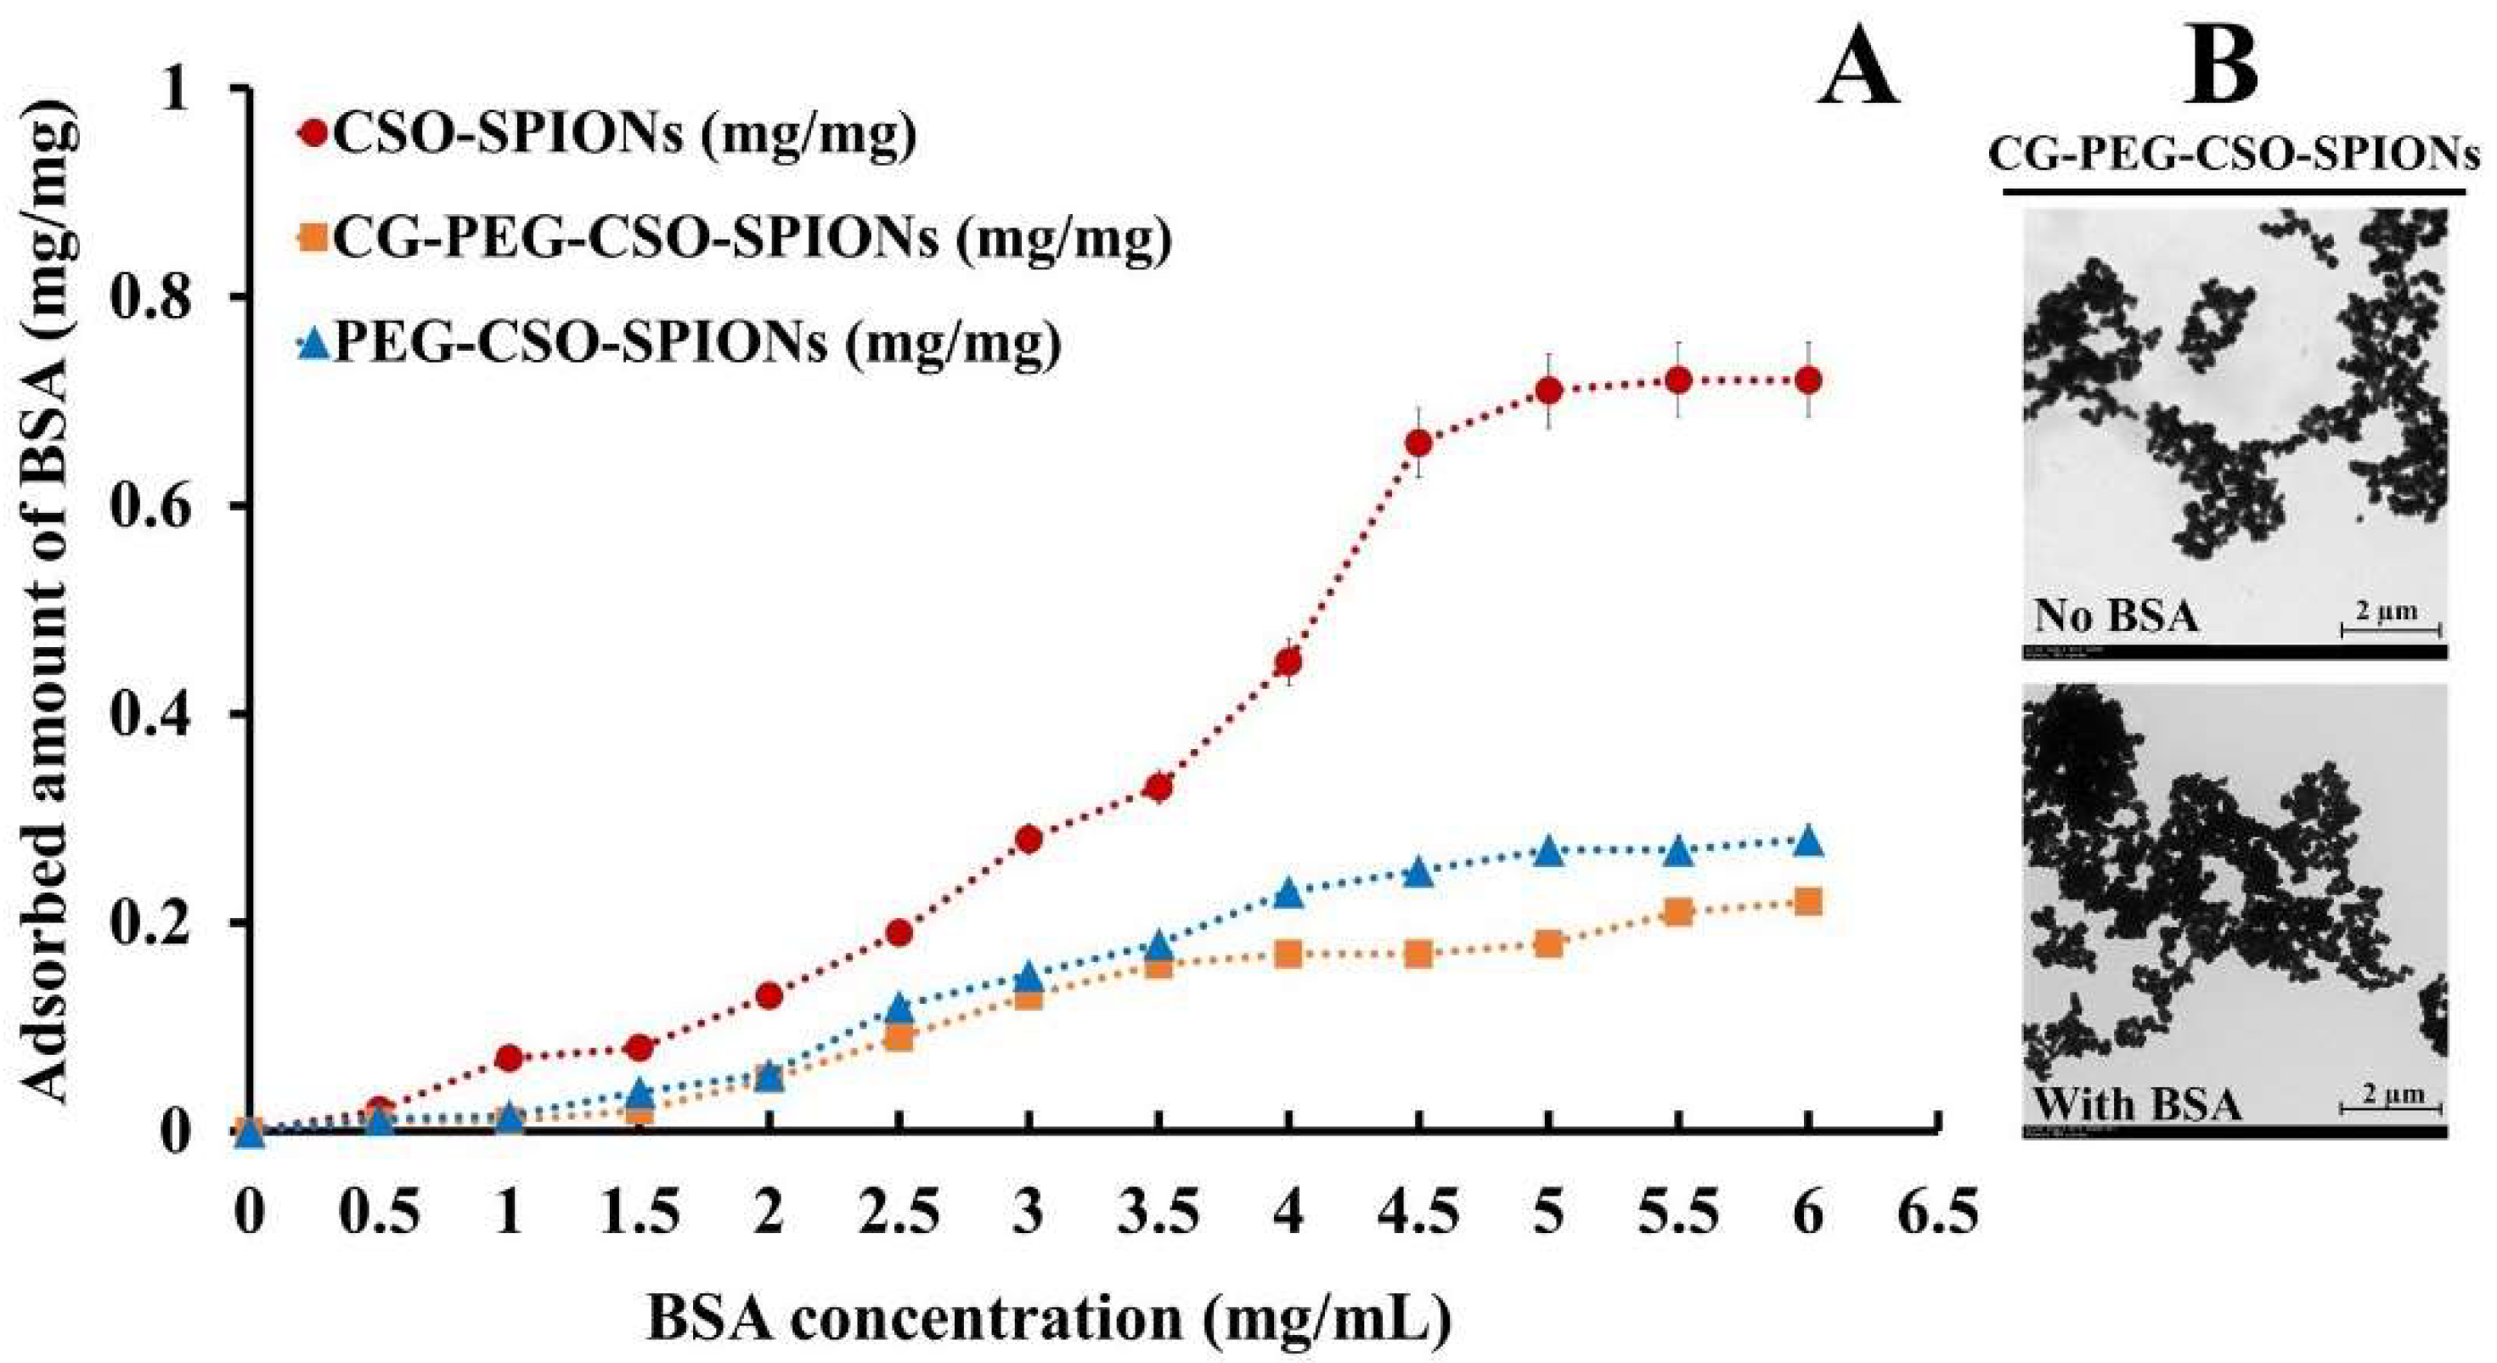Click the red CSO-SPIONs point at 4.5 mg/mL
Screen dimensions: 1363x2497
tap(1418, 443)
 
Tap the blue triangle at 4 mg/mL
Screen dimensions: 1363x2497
tap(1288, 893)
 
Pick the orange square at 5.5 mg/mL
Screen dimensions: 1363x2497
tap(1679, 911)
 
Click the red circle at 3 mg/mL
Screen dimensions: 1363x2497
tap(1029, 838)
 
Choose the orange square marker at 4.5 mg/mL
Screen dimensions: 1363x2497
tap(1418, 954)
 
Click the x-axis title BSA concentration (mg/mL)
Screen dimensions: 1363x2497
tap(1049, 1318)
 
